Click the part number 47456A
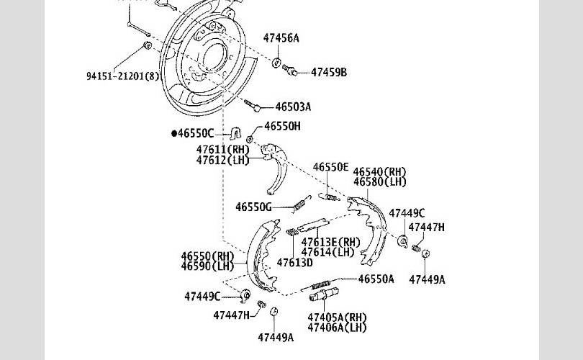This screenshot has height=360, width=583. tap(281, 37)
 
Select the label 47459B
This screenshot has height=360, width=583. tap(329, 72)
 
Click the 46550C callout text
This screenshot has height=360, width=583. tap(195, 133)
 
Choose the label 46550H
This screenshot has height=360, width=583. tap(282, 126)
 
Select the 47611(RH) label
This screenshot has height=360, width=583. tap(222, 150)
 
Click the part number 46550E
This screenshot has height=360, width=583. tap(330, 167)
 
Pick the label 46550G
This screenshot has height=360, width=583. tap(253, 207)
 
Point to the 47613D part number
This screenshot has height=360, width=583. tap(294, 262)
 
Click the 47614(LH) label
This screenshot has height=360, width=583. tap(327, 252)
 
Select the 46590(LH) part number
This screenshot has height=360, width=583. tap(207, 266)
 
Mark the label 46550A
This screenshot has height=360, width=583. tap(376, 279)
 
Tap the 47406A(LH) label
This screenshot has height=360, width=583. tap(337, 328)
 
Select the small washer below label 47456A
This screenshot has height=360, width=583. tap(277, 63)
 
